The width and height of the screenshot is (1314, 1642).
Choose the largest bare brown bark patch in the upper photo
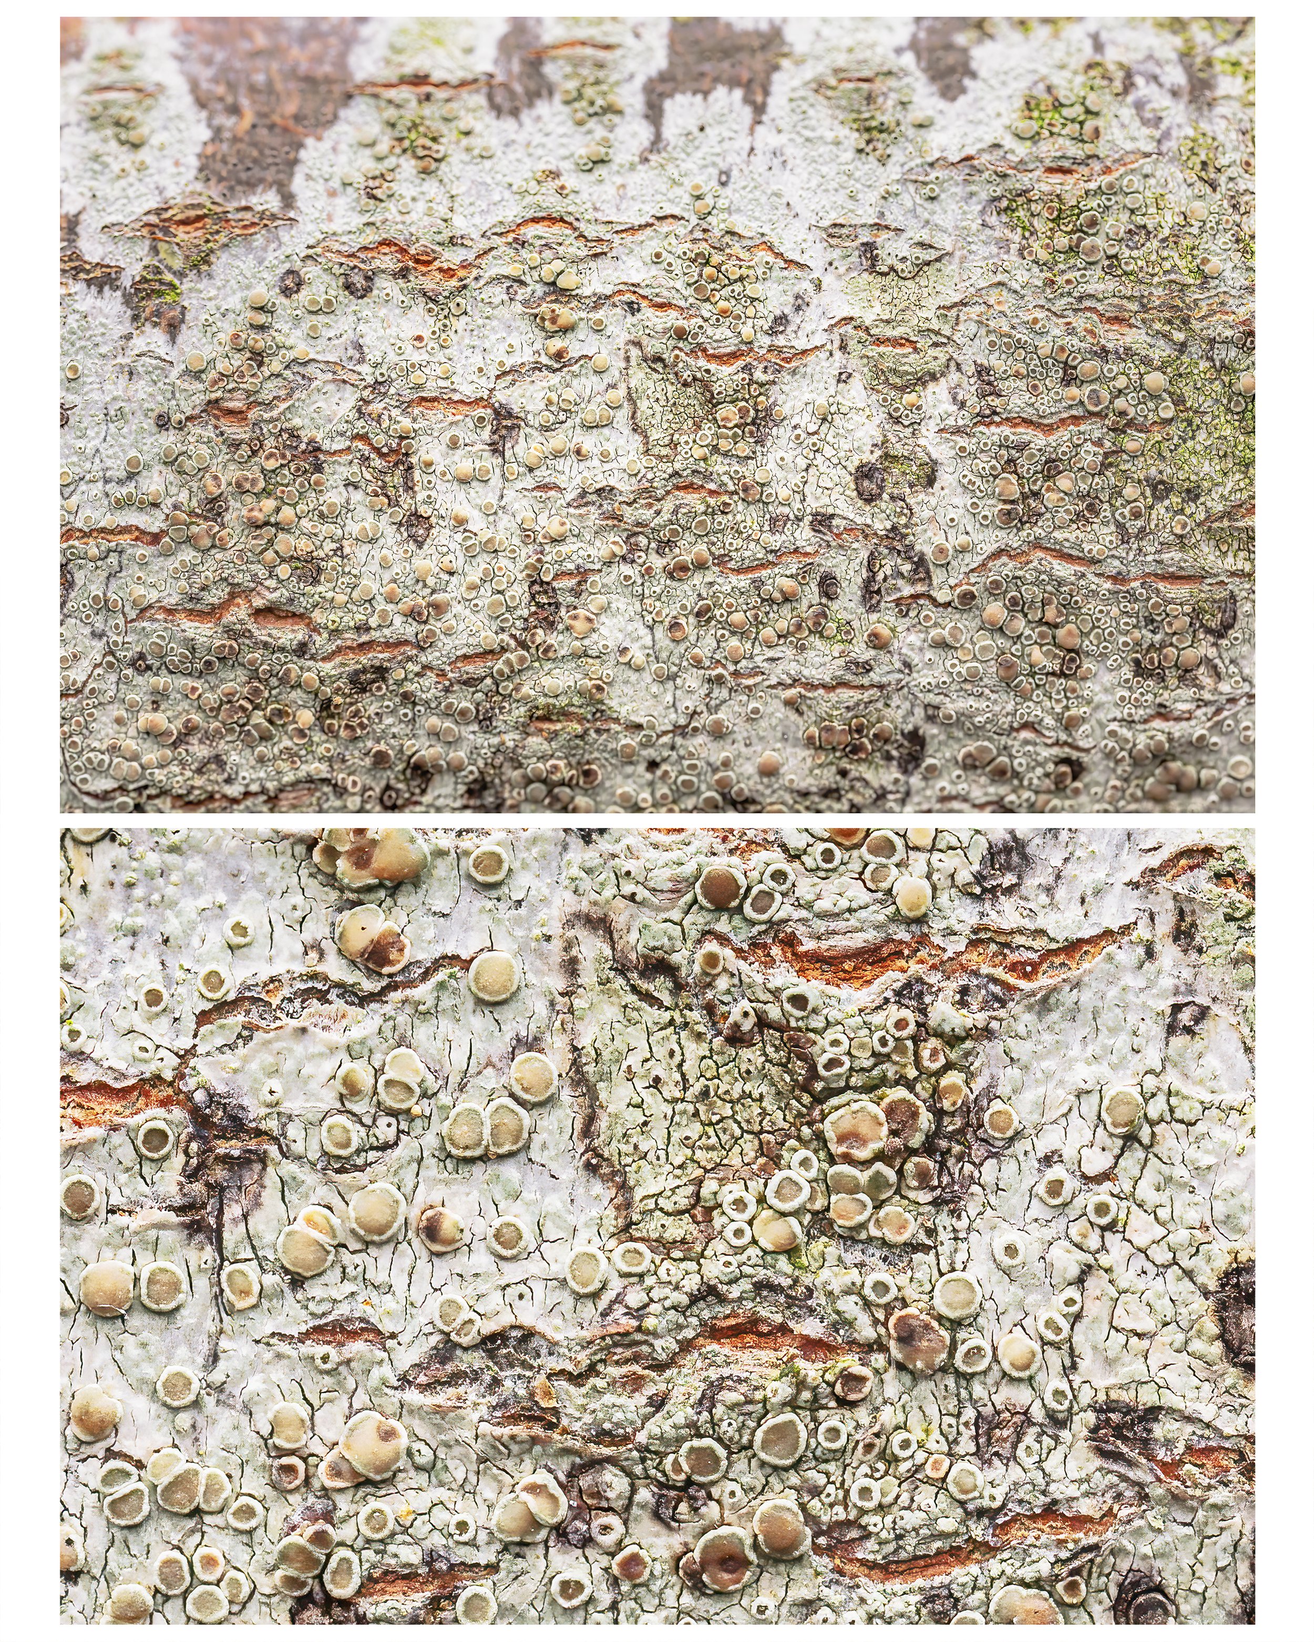(251, 114)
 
